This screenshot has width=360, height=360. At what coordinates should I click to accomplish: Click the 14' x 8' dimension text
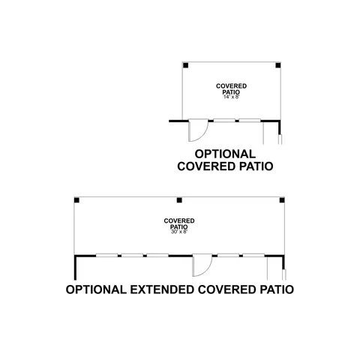(232, 97)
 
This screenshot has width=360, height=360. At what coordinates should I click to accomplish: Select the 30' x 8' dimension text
(179, 232)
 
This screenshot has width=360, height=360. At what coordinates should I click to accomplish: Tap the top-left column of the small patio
(185, 65)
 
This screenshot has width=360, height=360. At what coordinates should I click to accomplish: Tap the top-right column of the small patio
(278, 65)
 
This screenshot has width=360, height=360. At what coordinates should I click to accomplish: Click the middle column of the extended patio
(179, 200)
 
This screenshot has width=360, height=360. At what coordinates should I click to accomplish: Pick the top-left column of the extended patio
(76, 200)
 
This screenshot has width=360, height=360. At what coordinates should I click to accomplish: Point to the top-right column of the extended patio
(282, 200)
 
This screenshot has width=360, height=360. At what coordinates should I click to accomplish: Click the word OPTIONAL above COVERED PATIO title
(225, 154)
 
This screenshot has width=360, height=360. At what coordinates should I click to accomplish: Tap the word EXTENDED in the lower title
(162, 289)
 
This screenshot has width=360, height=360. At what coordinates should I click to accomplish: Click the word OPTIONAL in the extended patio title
(96, 289)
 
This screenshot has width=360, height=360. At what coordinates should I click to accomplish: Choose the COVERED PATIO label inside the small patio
(231, 89)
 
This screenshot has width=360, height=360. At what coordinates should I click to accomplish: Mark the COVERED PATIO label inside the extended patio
(179, 223)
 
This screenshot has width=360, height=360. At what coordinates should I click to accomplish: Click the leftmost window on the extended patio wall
(107, 256)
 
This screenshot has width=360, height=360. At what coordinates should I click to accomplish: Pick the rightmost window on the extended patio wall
(253, 256)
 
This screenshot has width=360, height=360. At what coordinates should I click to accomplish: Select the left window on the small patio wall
(224, 121)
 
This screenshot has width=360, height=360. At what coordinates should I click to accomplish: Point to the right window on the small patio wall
(250, 121)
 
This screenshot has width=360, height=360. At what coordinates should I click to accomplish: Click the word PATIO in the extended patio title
(277, 289)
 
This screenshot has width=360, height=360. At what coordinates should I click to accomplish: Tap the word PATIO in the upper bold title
(256, 166)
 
